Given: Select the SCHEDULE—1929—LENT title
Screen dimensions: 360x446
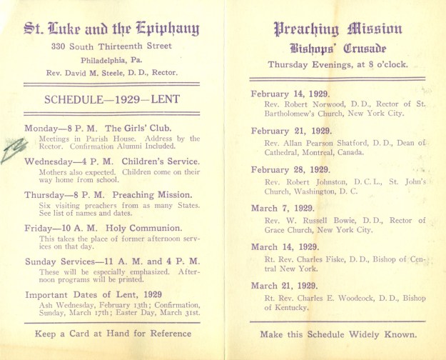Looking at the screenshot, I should [111, 99].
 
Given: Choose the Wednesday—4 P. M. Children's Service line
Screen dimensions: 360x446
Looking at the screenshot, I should [111, 161].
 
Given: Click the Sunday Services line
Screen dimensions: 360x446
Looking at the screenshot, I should [112, 261].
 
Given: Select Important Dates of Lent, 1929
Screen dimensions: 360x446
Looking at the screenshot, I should [94, 294].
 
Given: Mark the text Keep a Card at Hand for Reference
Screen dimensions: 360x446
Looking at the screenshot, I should [112, 333].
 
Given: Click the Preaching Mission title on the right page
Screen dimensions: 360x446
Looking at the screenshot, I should [338, 29].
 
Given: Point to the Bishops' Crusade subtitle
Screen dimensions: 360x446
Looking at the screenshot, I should [338, 49].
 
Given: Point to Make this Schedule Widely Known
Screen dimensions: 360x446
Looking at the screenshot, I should [338, 334].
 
